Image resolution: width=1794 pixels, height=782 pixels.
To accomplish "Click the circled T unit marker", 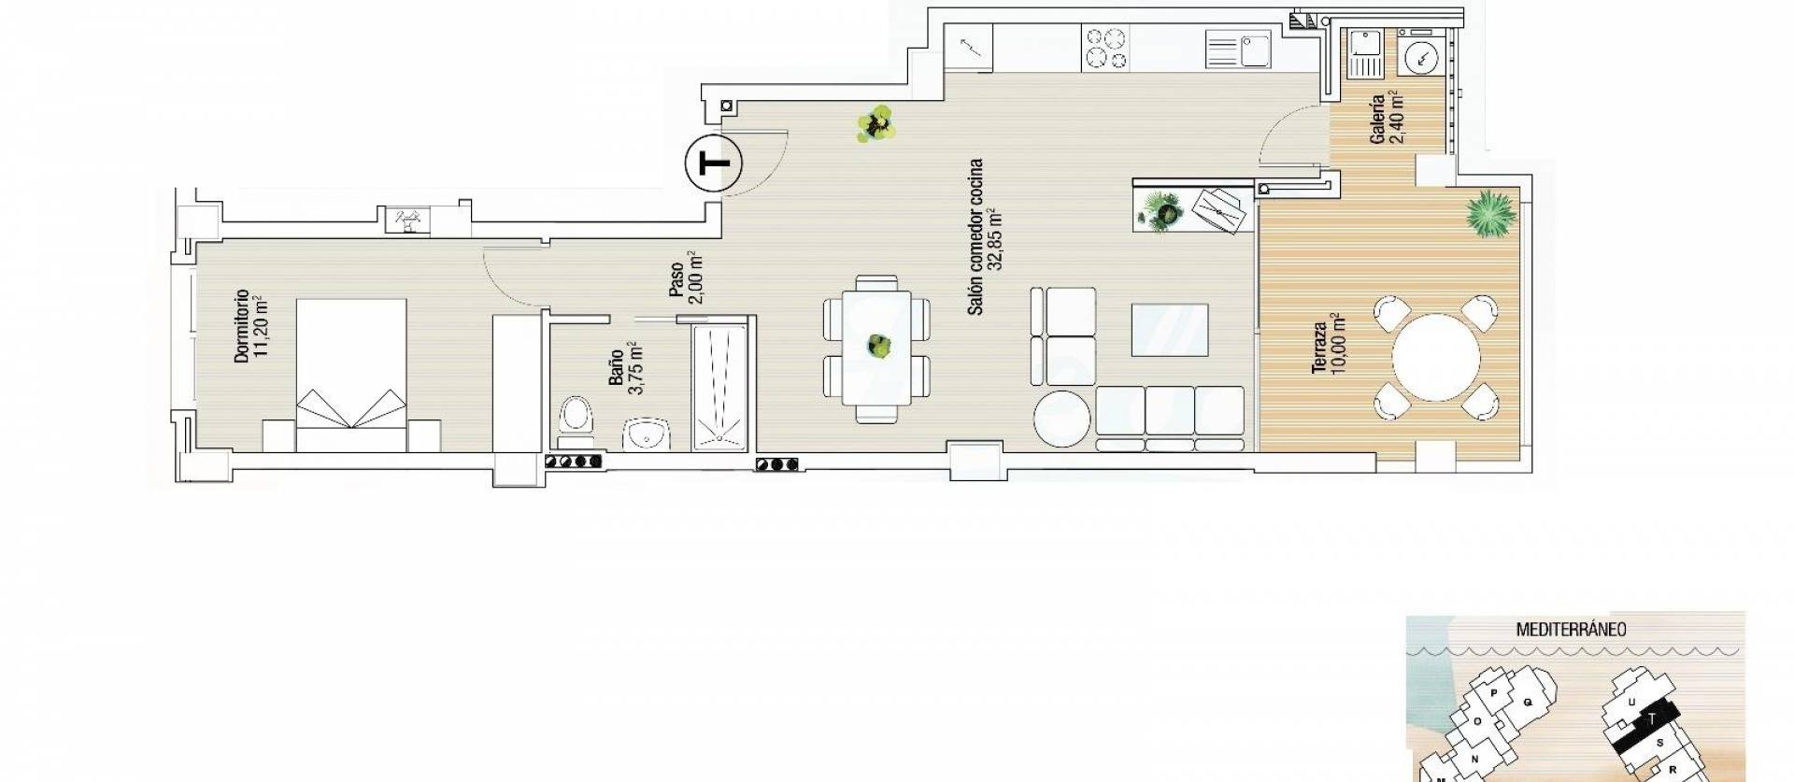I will [x=713, y=164].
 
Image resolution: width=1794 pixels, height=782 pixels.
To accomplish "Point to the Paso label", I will [x=676, y=278].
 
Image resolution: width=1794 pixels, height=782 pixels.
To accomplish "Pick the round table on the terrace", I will [x=1435, y=358].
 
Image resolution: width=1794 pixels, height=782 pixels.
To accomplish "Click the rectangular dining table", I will [x=876, y=347].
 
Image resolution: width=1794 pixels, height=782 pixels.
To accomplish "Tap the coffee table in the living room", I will [x=1170, y=330].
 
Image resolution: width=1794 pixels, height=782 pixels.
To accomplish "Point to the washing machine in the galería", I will [x=1421, y=55].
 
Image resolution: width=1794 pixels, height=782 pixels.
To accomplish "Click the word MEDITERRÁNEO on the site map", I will [x=1570, y=630].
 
